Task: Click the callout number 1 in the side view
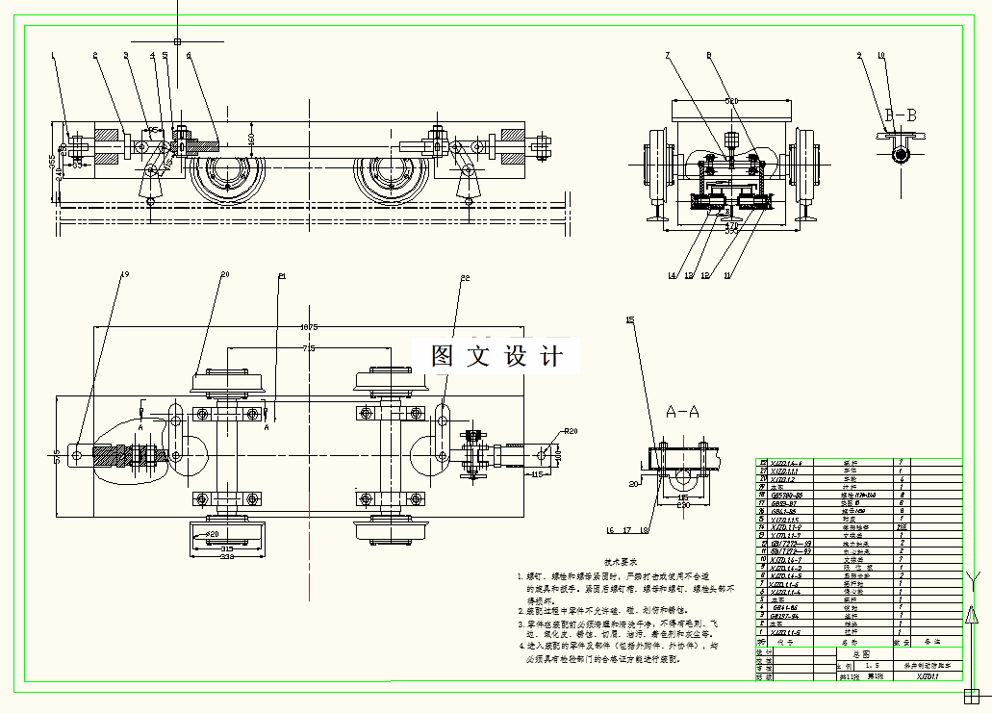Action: [x=54, y=56]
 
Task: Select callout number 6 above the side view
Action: [x=189, y=56]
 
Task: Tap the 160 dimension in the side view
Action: [x=252, y=140]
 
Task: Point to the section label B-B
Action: [x=901, y=115]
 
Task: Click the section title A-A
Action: [x=683, y=412]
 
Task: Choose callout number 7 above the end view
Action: [x=667, y=56]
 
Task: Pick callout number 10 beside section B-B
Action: [x=880, y=56]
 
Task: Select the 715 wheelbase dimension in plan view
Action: [x=308, y=347]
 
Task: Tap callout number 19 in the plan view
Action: [x=123, y=274]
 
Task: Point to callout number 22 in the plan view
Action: [x=465, y=278]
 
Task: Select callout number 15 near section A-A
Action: [x=630, y=319]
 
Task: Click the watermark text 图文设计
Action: [x=497, y=356]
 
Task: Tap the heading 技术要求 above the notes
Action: [x=622, y=560]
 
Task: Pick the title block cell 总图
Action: [x=847, y=652]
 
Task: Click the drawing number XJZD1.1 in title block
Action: [x=928, y=676]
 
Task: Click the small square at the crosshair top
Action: [x=178, y=40]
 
